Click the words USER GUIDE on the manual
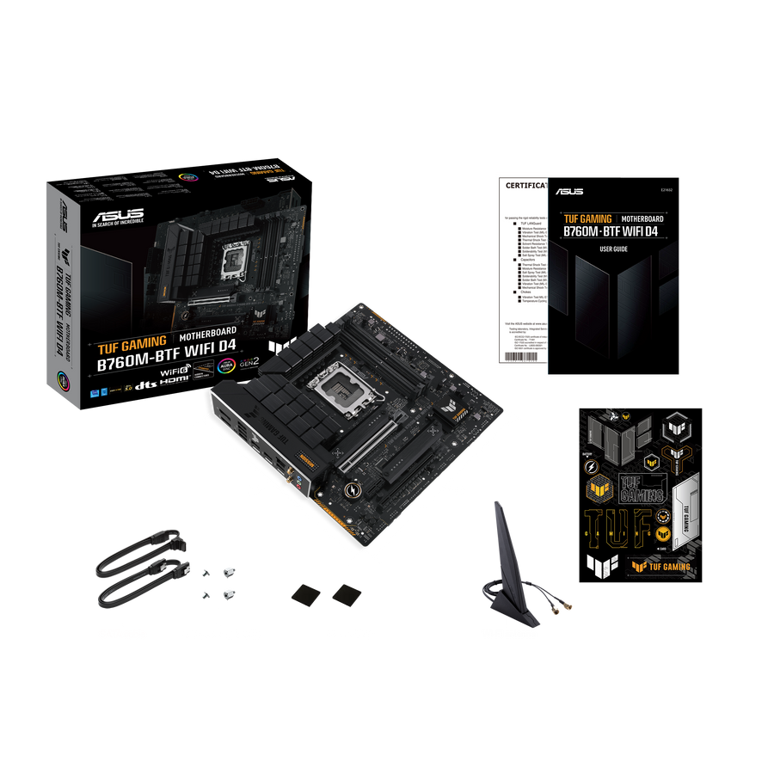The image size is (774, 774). [x=613, y=249]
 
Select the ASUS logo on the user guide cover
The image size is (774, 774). [x=569, y=191]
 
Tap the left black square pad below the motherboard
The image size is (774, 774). [x=304, y=594]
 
